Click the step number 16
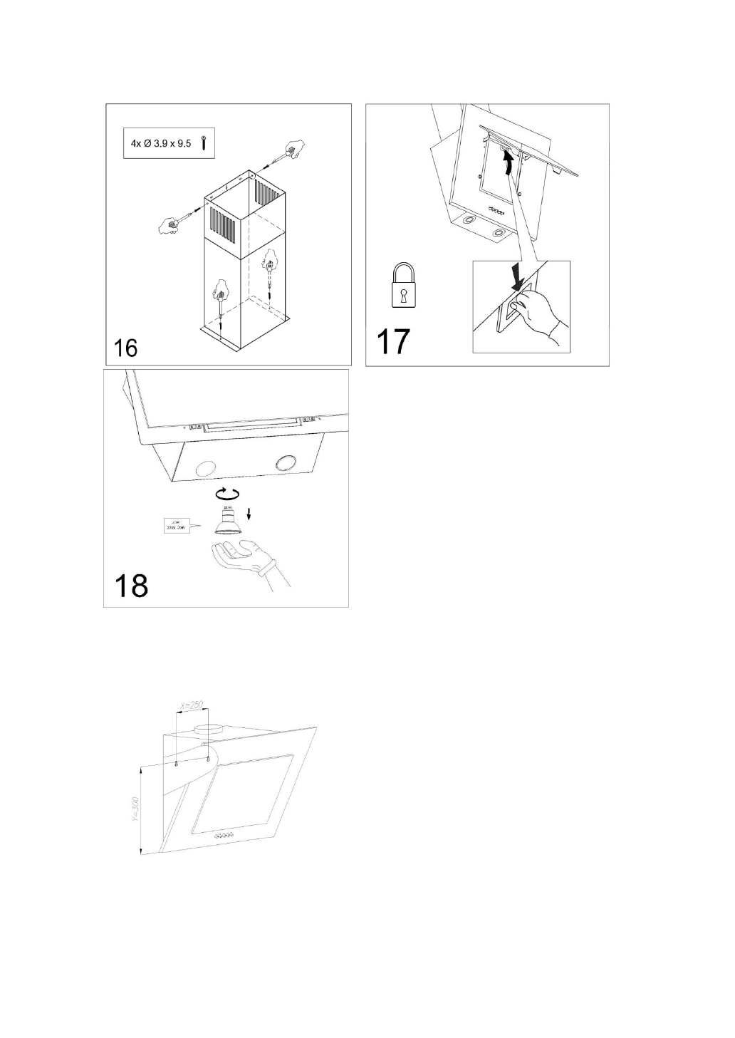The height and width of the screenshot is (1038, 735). [x=126, y=348]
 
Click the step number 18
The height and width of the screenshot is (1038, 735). [x=132, y=585]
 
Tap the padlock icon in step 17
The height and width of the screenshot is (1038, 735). [x=403, y=287]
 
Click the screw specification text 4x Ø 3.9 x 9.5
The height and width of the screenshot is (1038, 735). [x=161, y=143]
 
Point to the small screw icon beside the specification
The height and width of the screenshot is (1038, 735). [x=204, y=143]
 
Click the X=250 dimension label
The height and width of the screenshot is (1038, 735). [x=192, y=705]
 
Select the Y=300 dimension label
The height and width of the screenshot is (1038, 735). [x=136, y=809]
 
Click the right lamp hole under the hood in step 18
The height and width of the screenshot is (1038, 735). [x=288, y=462]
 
